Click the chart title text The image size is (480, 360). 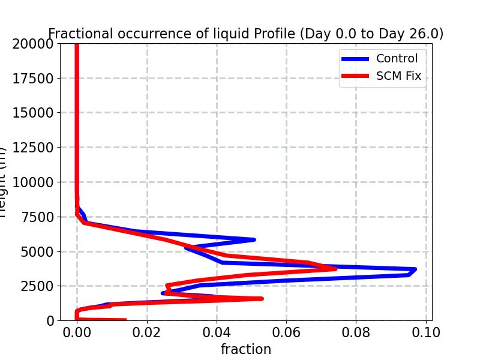(x=245, y=34)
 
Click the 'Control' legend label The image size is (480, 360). (x=397, y=59)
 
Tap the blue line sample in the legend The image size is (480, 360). (x=355, y=59)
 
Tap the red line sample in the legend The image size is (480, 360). (x=355, y=76)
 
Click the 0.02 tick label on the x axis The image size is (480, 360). (x=146, y=332)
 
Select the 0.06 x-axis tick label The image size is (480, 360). (x=286, y=332)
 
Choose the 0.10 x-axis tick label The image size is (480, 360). (x=426, y=332)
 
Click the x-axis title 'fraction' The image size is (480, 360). (x=245, y=349)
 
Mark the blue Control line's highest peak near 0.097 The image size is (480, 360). (x=415, y=270)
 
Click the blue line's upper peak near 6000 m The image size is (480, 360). (x=254, y=239)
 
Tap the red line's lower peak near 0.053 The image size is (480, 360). (x=262, y=298)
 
